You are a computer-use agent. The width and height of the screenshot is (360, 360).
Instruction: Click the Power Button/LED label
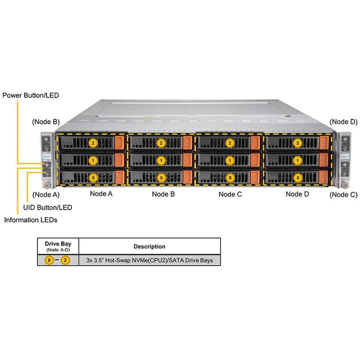click(31, 95)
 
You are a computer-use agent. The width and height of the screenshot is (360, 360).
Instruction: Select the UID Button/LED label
click(47, 207)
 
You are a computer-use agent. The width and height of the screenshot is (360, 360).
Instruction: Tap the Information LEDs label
click(31, 220)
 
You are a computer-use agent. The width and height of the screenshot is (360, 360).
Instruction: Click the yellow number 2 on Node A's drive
click(93, 143)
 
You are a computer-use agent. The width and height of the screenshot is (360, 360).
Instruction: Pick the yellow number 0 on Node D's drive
click(297, 178)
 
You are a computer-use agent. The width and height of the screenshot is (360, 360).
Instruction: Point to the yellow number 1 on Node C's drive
click(230, 160)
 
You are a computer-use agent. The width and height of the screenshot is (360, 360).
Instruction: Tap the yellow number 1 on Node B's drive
click(161, 160)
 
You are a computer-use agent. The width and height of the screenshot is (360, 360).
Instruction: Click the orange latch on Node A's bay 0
click(120, 176)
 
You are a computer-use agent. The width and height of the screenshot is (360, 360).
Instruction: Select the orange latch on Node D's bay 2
click(324, 143)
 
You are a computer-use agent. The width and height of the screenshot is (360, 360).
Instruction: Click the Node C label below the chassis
click(230, 194)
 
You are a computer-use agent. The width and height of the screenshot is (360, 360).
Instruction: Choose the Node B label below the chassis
click(163, 194)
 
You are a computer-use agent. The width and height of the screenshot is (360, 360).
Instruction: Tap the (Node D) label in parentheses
click(343, 121)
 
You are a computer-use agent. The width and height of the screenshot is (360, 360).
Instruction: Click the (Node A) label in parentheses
click(46, 195)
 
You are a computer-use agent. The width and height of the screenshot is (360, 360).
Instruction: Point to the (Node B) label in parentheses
click(46, 121)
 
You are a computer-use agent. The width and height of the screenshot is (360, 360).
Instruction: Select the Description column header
click(149, 247)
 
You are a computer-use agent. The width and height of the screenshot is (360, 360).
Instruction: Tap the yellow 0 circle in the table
click(50, 261)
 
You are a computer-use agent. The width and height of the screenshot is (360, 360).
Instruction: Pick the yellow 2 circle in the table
click(65, 261)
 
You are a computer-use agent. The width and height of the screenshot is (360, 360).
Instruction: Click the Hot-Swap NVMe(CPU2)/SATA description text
click(149, 261)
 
